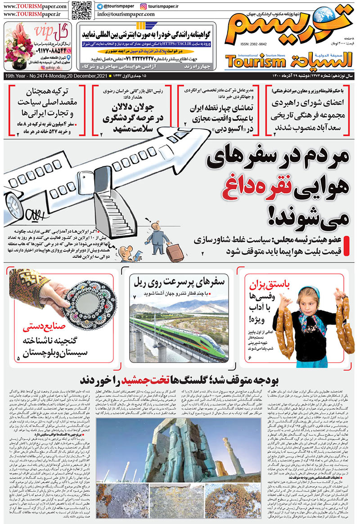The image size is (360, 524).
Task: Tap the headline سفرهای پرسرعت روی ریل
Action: pyautogui.click(x=180, y=283)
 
